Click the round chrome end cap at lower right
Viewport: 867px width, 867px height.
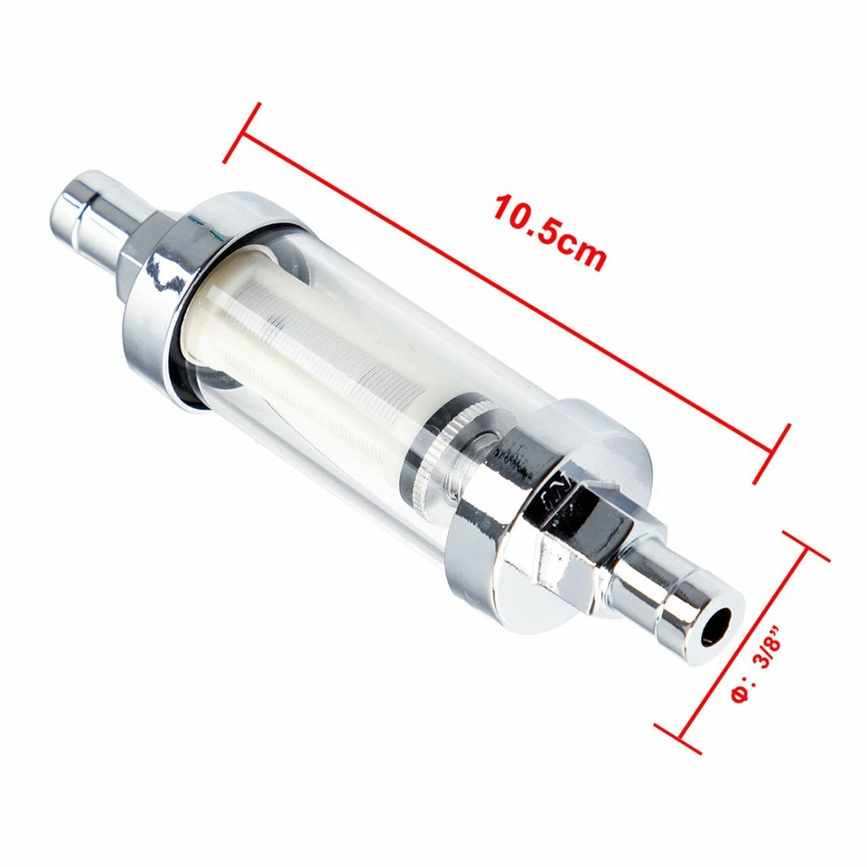[x=578, y=506]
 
